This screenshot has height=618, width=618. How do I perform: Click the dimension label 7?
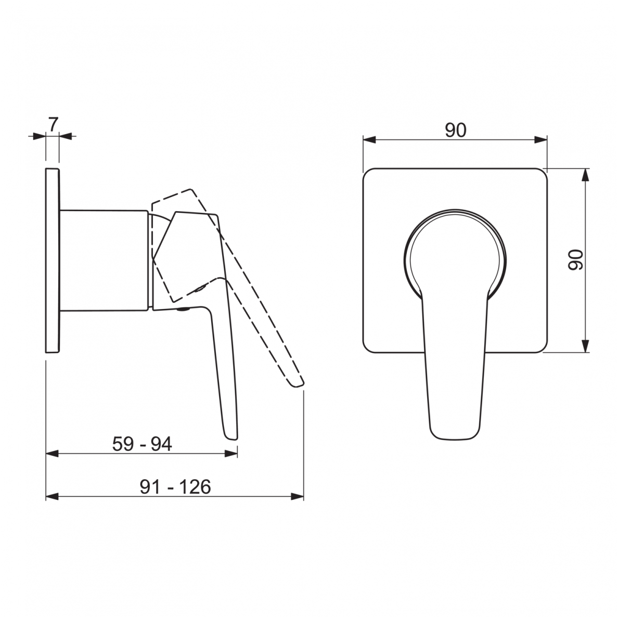click(x=53, y=124)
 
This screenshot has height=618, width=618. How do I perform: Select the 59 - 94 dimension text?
click(x=142, y=444)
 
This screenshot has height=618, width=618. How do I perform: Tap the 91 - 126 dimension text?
click(x=175, y=487)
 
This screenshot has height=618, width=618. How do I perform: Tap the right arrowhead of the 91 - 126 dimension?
click(x=298, y=496)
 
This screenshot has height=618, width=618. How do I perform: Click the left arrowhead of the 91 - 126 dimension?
click(x=52, y=496)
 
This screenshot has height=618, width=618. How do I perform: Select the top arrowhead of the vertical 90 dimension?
click(x=586, y=175)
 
